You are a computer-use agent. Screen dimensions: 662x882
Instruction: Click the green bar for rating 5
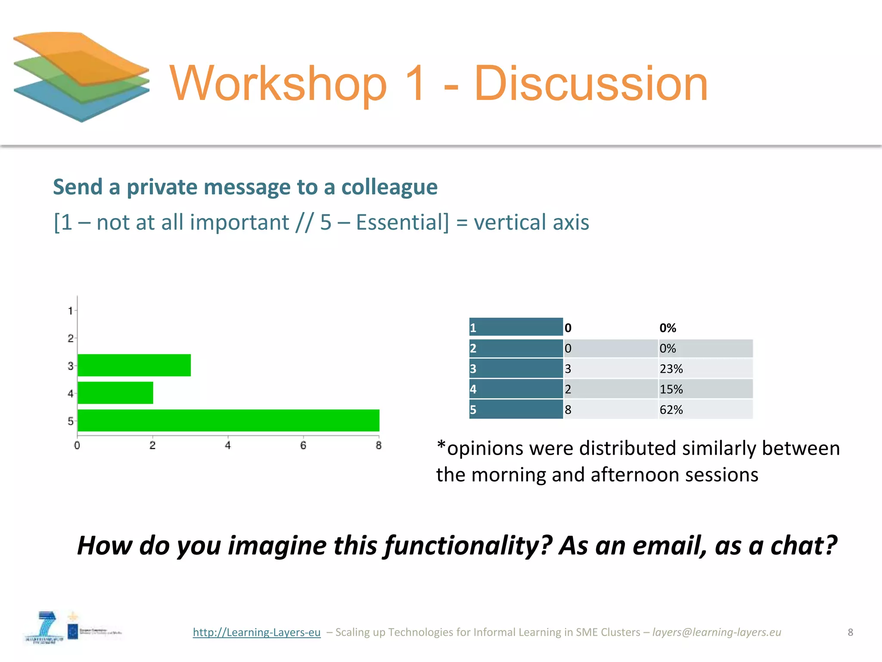[228, 420]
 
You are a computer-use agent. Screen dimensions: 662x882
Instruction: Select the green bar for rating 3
[134, 365]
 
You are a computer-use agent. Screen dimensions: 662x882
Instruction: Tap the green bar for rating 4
[115, 393]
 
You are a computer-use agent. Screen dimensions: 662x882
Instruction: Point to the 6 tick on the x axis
[303, 445]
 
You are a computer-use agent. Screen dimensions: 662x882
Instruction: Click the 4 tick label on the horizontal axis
[228, 445]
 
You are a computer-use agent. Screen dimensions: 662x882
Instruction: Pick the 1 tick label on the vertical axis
[70, 310]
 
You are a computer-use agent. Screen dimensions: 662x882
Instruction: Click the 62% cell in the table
[705, 409]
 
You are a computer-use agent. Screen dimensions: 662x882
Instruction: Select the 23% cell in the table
[705, 368]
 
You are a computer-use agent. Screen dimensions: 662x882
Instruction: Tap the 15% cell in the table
[705, 389]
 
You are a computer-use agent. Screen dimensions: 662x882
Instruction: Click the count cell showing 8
[611, 409]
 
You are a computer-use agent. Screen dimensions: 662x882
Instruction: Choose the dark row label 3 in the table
[516, 368]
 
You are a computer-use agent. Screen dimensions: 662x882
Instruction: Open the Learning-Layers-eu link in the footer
[257, 632]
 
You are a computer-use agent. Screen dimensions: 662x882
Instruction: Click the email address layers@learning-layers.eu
[717, 632]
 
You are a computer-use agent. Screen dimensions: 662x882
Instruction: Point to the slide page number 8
[850, 632]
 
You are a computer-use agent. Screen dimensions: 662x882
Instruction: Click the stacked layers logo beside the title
[81, 77]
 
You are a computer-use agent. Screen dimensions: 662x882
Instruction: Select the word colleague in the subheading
[389, 187]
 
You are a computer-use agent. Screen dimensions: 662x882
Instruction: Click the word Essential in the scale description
[402, 222]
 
